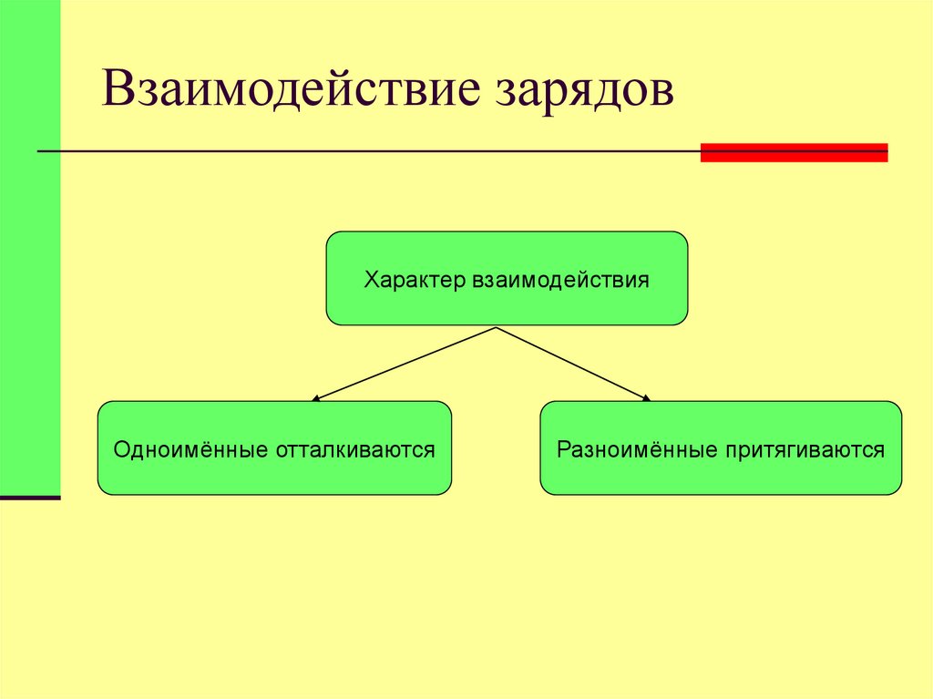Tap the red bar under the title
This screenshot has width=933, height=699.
pos(794,152)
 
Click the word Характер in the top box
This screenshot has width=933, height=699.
pos(415,279)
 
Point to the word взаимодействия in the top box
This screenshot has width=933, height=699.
pos(560,279)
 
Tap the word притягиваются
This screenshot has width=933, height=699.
pos(805,449)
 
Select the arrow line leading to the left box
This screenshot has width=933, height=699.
pos(405,363)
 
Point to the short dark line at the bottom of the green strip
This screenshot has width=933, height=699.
pos(30,498)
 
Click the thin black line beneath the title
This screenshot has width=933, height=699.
pos(364,150)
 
